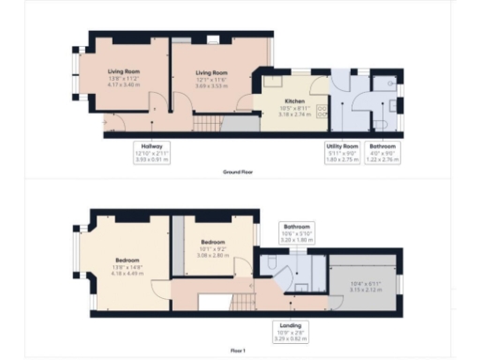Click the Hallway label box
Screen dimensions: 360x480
click(154, 152)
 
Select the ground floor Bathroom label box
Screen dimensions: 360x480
click(382, 152)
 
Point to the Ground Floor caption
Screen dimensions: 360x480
click(239, 172)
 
